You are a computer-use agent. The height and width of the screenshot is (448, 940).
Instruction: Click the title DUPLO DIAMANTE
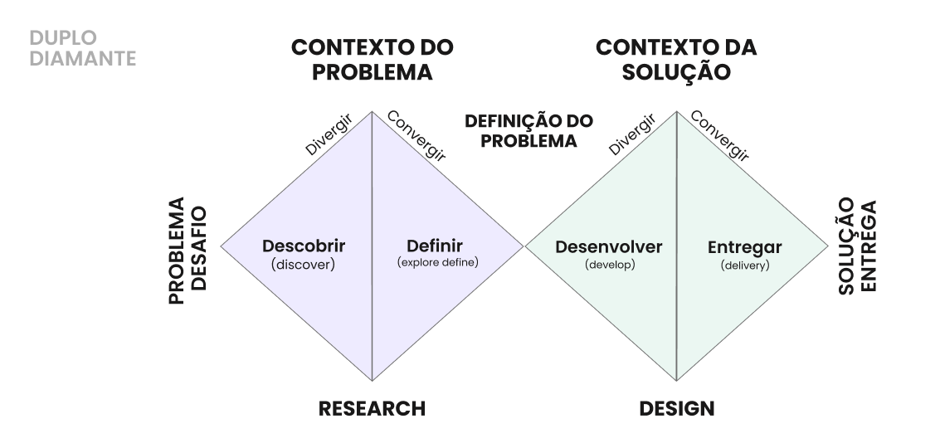(81, 48)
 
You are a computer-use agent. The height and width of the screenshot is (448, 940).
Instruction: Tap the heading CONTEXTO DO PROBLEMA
(372, 60)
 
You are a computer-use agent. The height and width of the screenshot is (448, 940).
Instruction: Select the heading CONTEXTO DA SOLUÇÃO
(676, 60)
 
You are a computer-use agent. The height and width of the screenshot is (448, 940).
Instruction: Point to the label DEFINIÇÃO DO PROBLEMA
(528, 131)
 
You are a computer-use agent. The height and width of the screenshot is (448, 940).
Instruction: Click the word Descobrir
(304, 246)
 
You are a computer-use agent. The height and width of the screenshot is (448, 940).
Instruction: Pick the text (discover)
(303, 265)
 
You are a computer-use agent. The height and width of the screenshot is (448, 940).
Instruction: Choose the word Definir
(435, 246)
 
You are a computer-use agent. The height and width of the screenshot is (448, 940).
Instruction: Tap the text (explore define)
(438, 263)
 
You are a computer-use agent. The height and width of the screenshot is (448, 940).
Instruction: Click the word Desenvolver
(609, 246)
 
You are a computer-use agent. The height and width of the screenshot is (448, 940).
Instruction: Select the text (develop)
(609, 265)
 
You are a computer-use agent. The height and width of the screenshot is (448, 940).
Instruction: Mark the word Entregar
(744, 247)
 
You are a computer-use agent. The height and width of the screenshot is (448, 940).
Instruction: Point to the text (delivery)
(745, 265)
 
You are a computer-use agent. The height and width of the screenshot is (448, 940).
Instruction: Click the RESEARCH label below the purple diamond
(372, 408)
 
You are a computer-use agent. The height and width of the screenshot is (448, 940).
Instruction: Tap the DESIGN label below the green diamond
(676, 408)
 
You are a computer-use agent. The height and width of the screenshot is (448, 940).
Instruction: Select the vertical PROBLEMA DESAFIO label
(188, 251)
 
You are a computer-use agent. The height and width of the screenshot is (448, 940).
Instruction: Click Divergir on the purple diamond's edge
(329, 135)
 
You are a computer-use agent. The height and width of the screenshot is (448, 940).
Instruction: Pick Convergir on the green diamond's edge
(720, 135)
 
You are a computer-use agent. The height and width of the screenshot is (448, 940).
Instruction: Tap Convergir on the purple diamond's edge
(416, 135)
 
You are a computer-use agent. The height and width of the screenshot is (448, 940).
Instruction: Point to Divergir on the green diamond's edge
(633, 135)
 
